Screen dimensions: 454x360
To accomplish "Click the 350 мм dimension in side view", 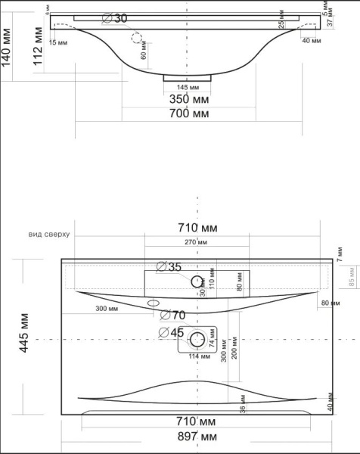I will tap(189, 99).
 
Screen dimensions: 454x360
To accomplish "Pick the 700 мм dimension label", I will tap(189, 113).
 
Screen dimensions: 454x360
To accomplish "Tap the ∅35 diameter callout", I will tap(169, 266).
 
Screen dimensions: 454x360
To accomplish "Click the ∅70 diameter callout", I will tap(173, 315).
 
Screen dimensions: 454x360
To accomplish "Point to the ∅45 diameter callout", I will tap(172, 331).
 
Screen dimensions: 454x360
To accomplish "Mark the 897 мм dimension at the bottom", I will tap(198, 437).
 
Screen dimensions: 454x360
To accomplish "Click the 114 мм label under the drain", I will tap(198, 357).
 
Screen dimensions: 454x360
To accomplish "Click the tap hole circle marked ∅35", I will tap(198, 281).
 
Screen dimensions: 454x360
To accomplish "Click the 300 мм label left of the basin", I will tap(107, 309).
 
